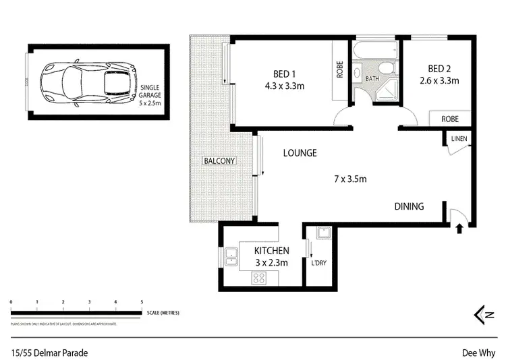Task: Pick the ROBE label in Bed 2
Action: [x=450, y=119]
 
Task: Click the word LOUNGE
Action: [x=300, y=153]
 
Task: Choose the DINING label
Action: [x=409, y=206]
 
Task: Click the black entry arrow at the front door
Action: [x=460, y=229]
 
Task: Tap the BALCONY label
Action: [x=219, y=161]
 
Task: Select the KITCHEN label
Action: [x=272, y=251]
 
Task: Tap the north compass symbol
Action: [x=478, y=313]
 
